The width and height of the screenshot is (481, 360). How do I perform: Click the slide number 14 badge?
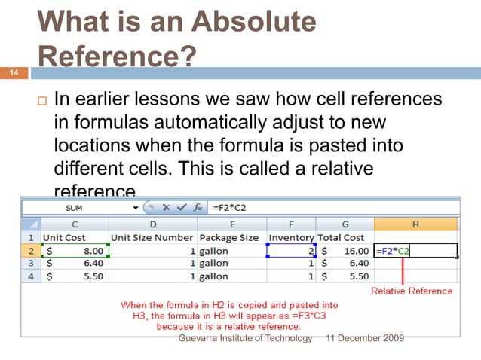coord(13,73)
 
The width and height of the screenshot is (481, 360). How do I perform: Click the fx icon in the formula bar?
coord(197,206)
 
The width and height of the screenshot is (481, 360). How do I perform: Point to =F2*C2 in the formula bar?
coord(229,206)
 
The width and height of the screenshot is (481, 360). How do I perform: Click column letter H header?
coord(415,224)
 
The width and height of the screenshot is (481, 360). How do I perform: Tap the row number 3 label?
coord(32,264)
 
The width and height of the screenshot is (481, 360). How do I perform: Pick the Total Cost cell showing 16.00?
coord(345,251)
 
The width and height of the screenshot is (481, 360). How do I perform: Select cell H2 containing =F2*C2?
coord(415,251)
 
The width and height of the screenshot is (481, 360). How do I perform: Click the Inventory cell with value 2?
coord(291,251)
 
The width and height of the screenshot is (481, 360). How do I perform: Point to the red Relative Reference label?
coord(412,291)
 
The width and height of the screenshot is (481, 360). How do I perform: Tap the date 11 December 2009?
coord(363,339)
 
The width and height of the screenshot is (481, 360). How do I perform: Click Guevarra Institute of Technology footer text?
coord(244,339)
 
